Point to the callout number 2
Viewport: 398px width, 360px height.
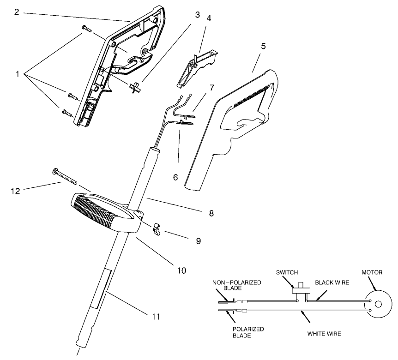17,12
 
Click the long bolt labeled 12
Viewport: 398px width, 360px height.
65,176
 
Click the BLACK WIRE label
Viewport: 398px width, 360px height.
332,282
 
